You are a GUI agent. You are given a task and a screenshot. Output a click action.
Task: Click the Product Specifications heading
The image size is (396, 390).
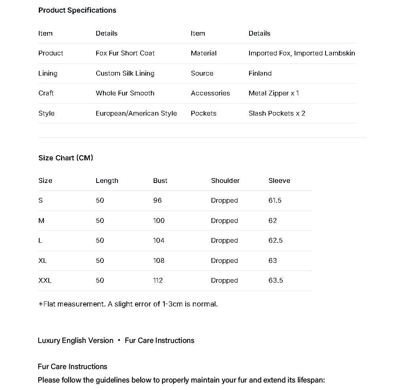[x=77, y=10]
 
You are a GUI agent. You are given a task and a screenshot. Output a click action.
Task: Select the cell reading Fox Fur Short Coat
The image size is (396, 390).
[x=125, y=53]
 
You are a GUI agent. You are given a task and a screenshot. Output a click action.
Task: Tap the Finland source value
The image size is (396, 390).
[x=260, y=73]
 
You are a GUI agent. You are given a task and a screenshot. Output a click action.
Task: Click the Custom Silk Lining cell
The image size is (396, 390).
[x=125, y=73]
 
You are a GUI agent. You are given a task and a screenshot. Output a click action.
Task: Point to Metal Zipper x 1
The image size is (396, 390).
[x=274, y=93]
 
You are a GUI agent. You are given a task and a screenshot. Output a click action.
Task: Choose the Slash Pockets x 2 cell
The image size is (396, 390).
[x=277, y=113]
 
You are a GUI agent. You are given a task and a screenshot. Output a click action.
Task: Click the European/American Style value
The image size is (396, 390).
[x=136, y=113]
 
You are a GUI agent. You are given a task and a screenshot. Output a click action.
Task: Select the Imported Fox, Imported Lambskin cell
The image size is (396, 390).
[x=301, y=53]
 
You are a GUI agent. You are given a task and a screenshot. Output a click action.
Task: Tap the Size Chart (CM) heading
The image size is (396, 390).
[x=66, y=158]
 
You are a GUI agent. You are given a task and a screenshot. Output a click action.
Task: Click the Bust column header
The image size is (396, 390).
[x=160, y=181]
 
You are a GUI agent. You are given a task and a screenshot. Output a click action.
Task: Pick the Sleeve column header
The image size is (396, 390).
[x=279, y=181]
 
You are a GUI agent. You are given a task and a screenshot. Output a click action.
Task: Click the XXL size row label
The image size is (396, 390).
[x=45, y=280]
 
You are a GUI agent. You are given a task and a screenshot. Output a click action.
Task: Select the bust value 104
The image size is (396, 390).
[x=159, y=240]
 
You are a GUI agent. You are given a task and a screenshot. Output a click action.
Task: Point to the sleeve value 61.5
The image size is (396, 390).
[x=275, y=200]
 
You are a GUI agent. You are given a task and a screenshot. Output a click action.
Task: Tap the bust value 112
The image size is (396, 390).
[x=158, y=280]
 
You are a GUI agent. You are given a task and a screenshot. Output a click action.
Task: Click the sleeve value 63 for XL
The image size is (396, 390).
[x=272, y=261]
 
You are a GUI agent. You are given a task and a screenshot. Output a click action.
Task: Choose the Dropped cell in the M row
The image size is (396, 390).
[x=224, y=221]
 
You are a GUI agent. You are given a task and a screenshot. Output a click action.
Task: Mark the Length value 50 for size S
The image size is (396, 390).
[x=100, y=200]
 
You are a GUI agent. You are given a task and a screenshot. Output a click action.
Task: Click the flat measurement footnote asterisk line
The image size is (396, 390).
[x=128, y=304]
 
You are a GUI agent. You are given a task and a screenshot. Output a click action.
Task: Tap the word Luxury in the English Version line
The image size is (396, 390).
[x=49, y=341]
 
